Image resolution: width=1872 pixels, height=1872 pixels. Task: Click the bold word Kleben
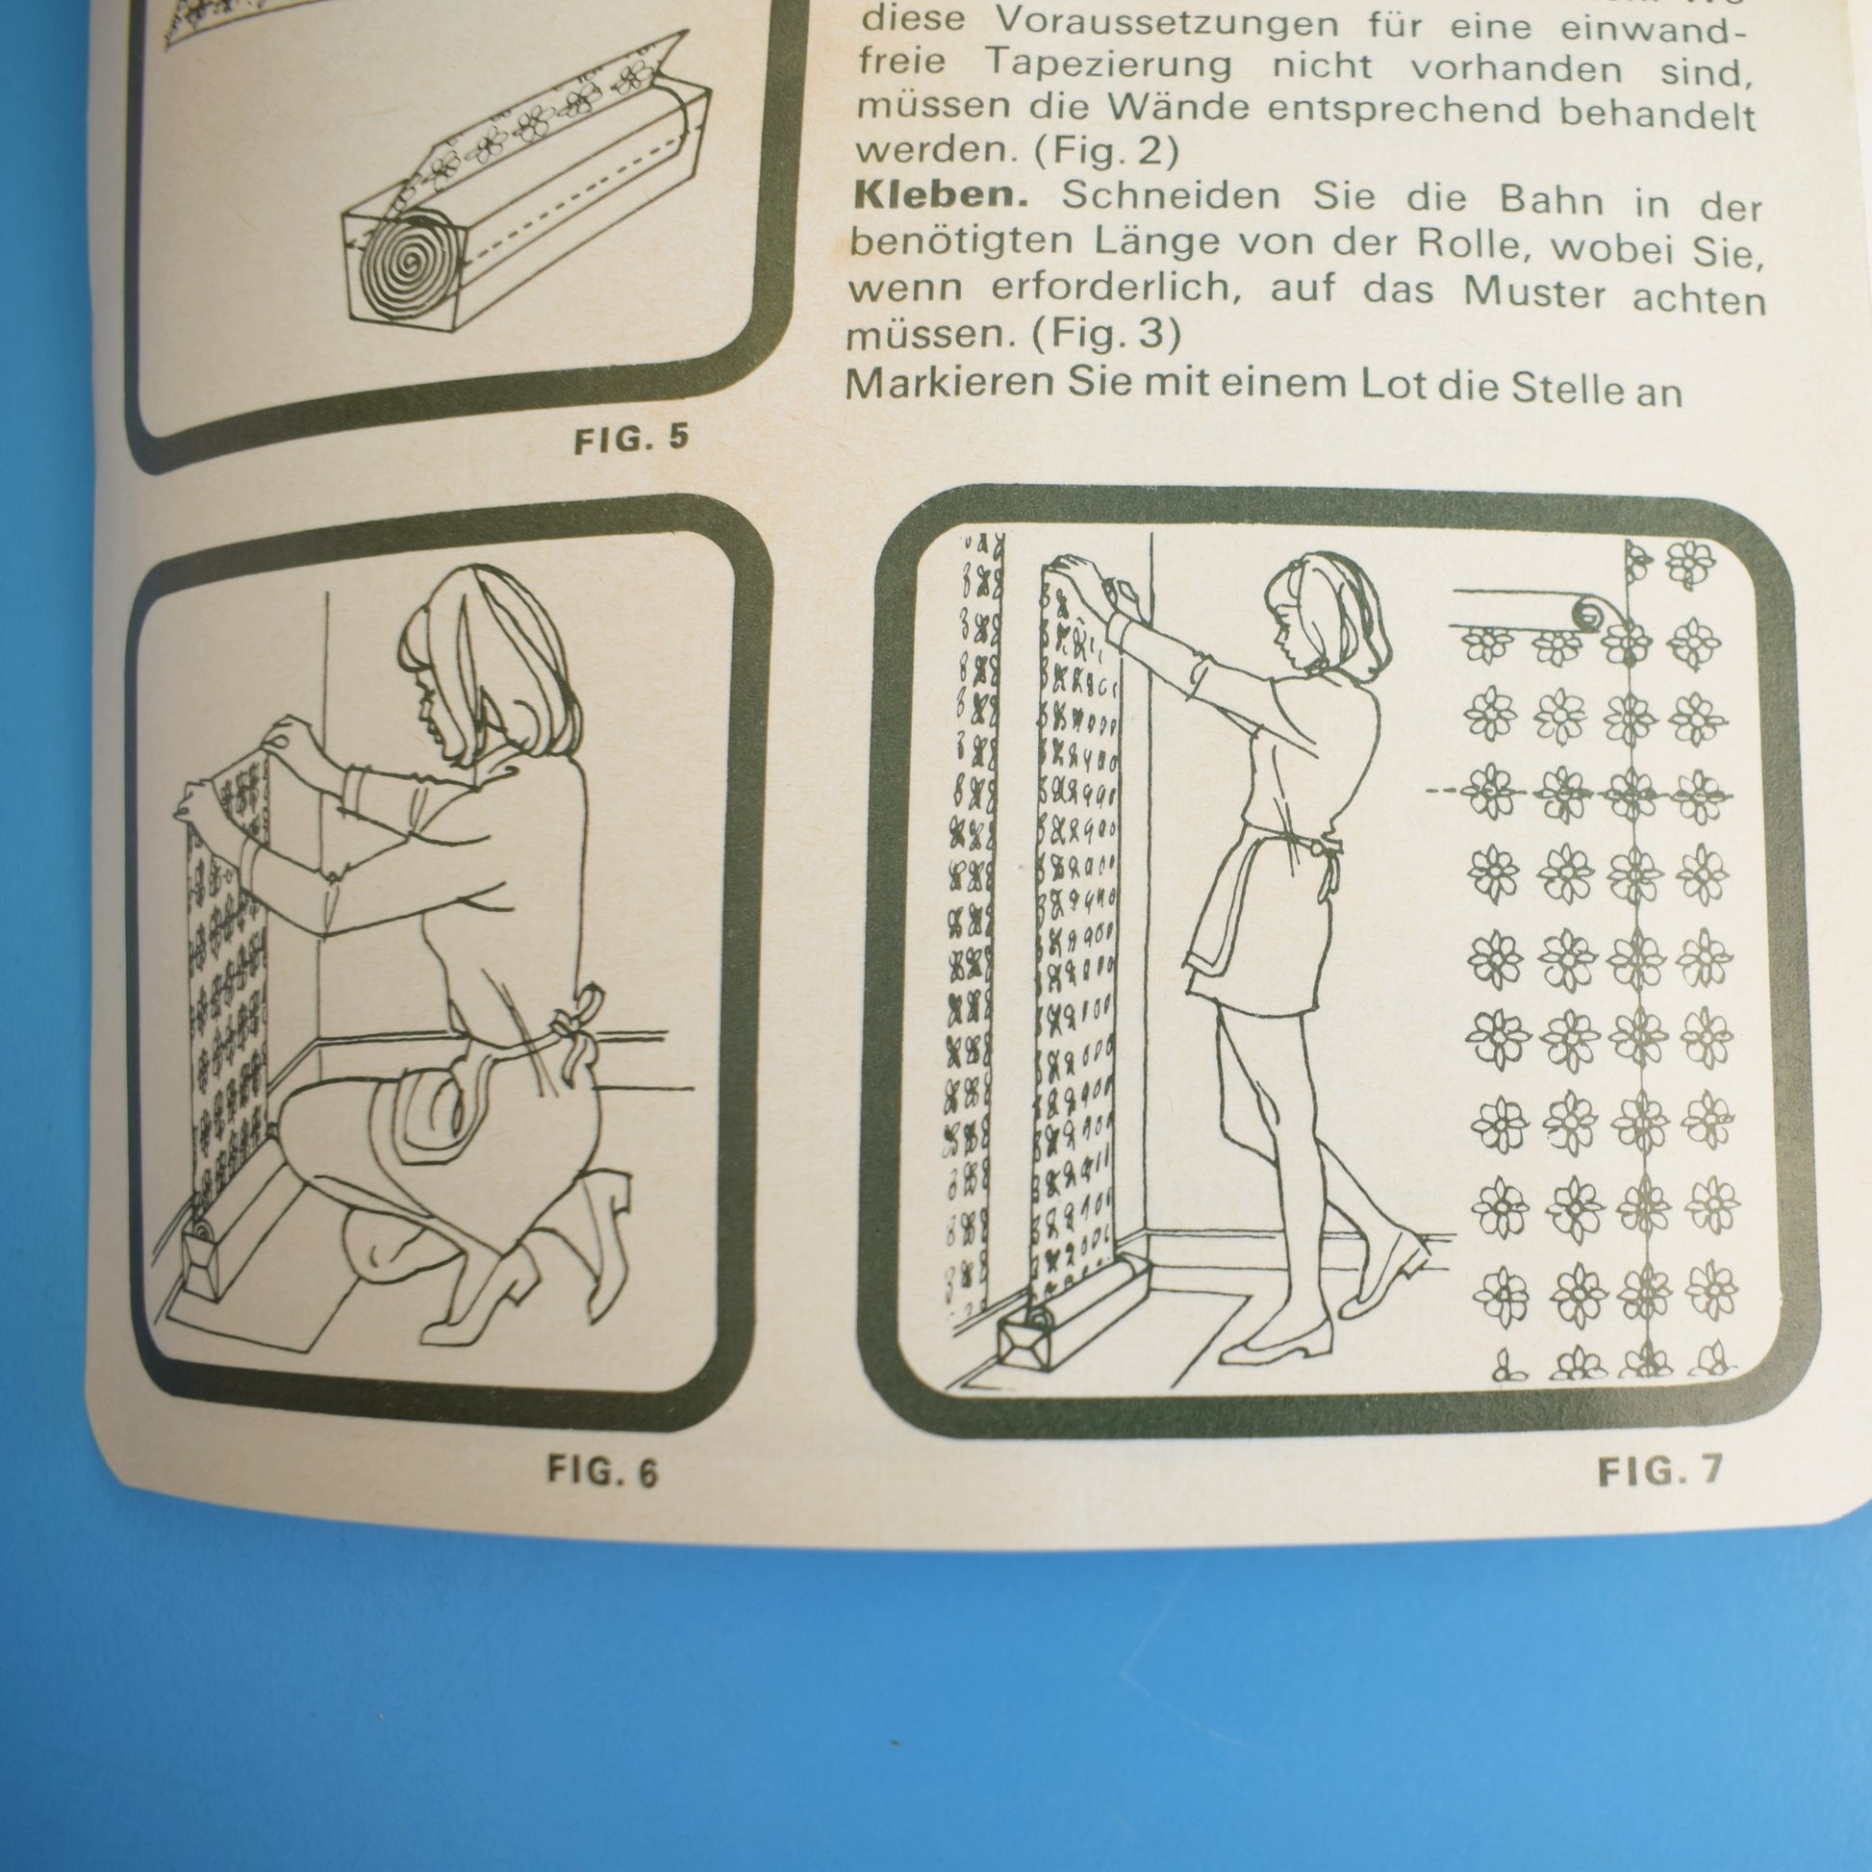[939, 196]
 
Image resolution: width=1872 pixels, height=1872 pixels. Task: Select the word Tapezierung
[1108, 65]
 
